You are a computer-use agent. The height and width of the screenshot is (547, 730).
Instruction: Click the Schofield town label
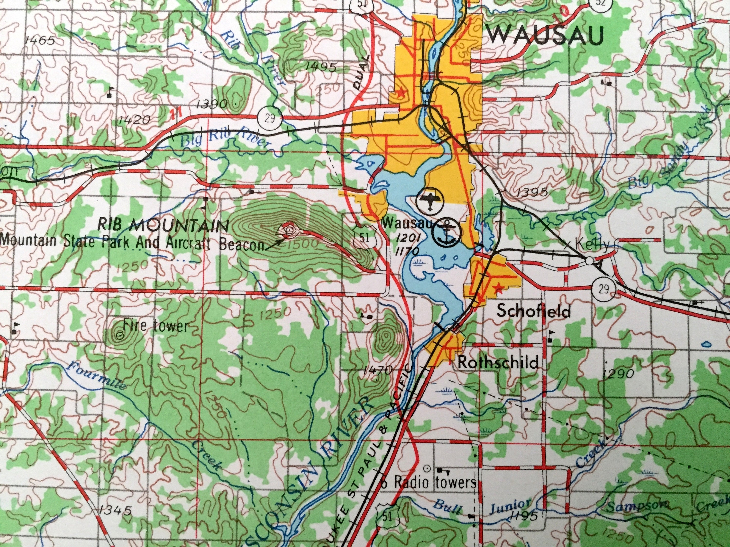[534, 311]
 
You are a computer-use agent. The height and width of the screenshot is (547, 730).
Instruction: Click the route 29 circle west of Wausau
[270, 118]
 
